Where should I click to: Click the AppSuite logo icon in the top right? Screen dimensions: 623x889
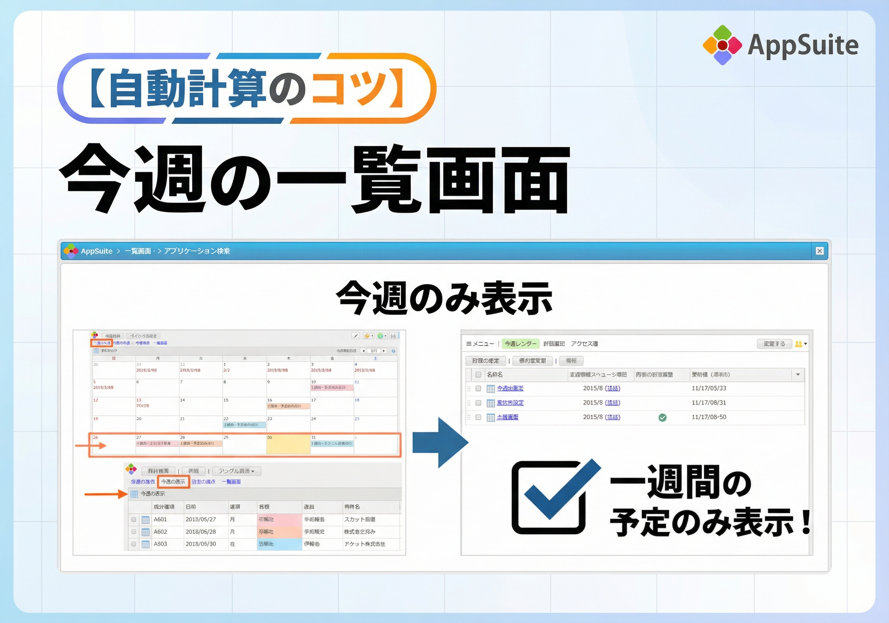click(722, 45)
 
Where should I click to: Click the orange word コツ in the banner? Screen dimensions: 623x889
click(349, 88)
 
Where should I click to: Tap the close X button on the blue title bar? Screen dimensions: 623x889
click(819, 251)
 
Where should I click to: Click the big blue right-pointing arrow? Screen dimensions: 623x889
click(440, 442)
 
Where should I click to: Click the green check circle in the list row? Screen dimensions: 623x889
click(662, 417)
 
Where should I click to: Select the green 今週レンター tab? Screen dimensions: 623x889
click(520, 344)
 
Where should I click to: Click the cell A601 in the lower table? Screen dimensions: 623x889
click(160, 519)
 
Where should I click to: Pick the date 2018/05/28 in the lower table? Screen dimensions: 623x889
click(201, 532)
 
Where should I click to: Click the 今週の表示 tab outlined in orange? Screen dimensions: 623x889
click(173, 482)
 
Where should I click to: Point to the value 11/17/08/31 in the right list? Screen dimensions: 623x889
click(709, 402)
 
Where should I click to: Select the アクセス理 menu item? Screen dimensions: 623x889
click(584, 344)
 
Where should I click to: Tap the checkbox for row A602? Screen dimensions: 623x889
click(134, 532)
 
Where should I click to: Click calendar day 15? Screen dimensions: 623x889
click(226, 400)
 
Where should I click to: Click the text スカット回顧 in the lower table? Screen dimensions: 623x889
click(360, 519)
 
